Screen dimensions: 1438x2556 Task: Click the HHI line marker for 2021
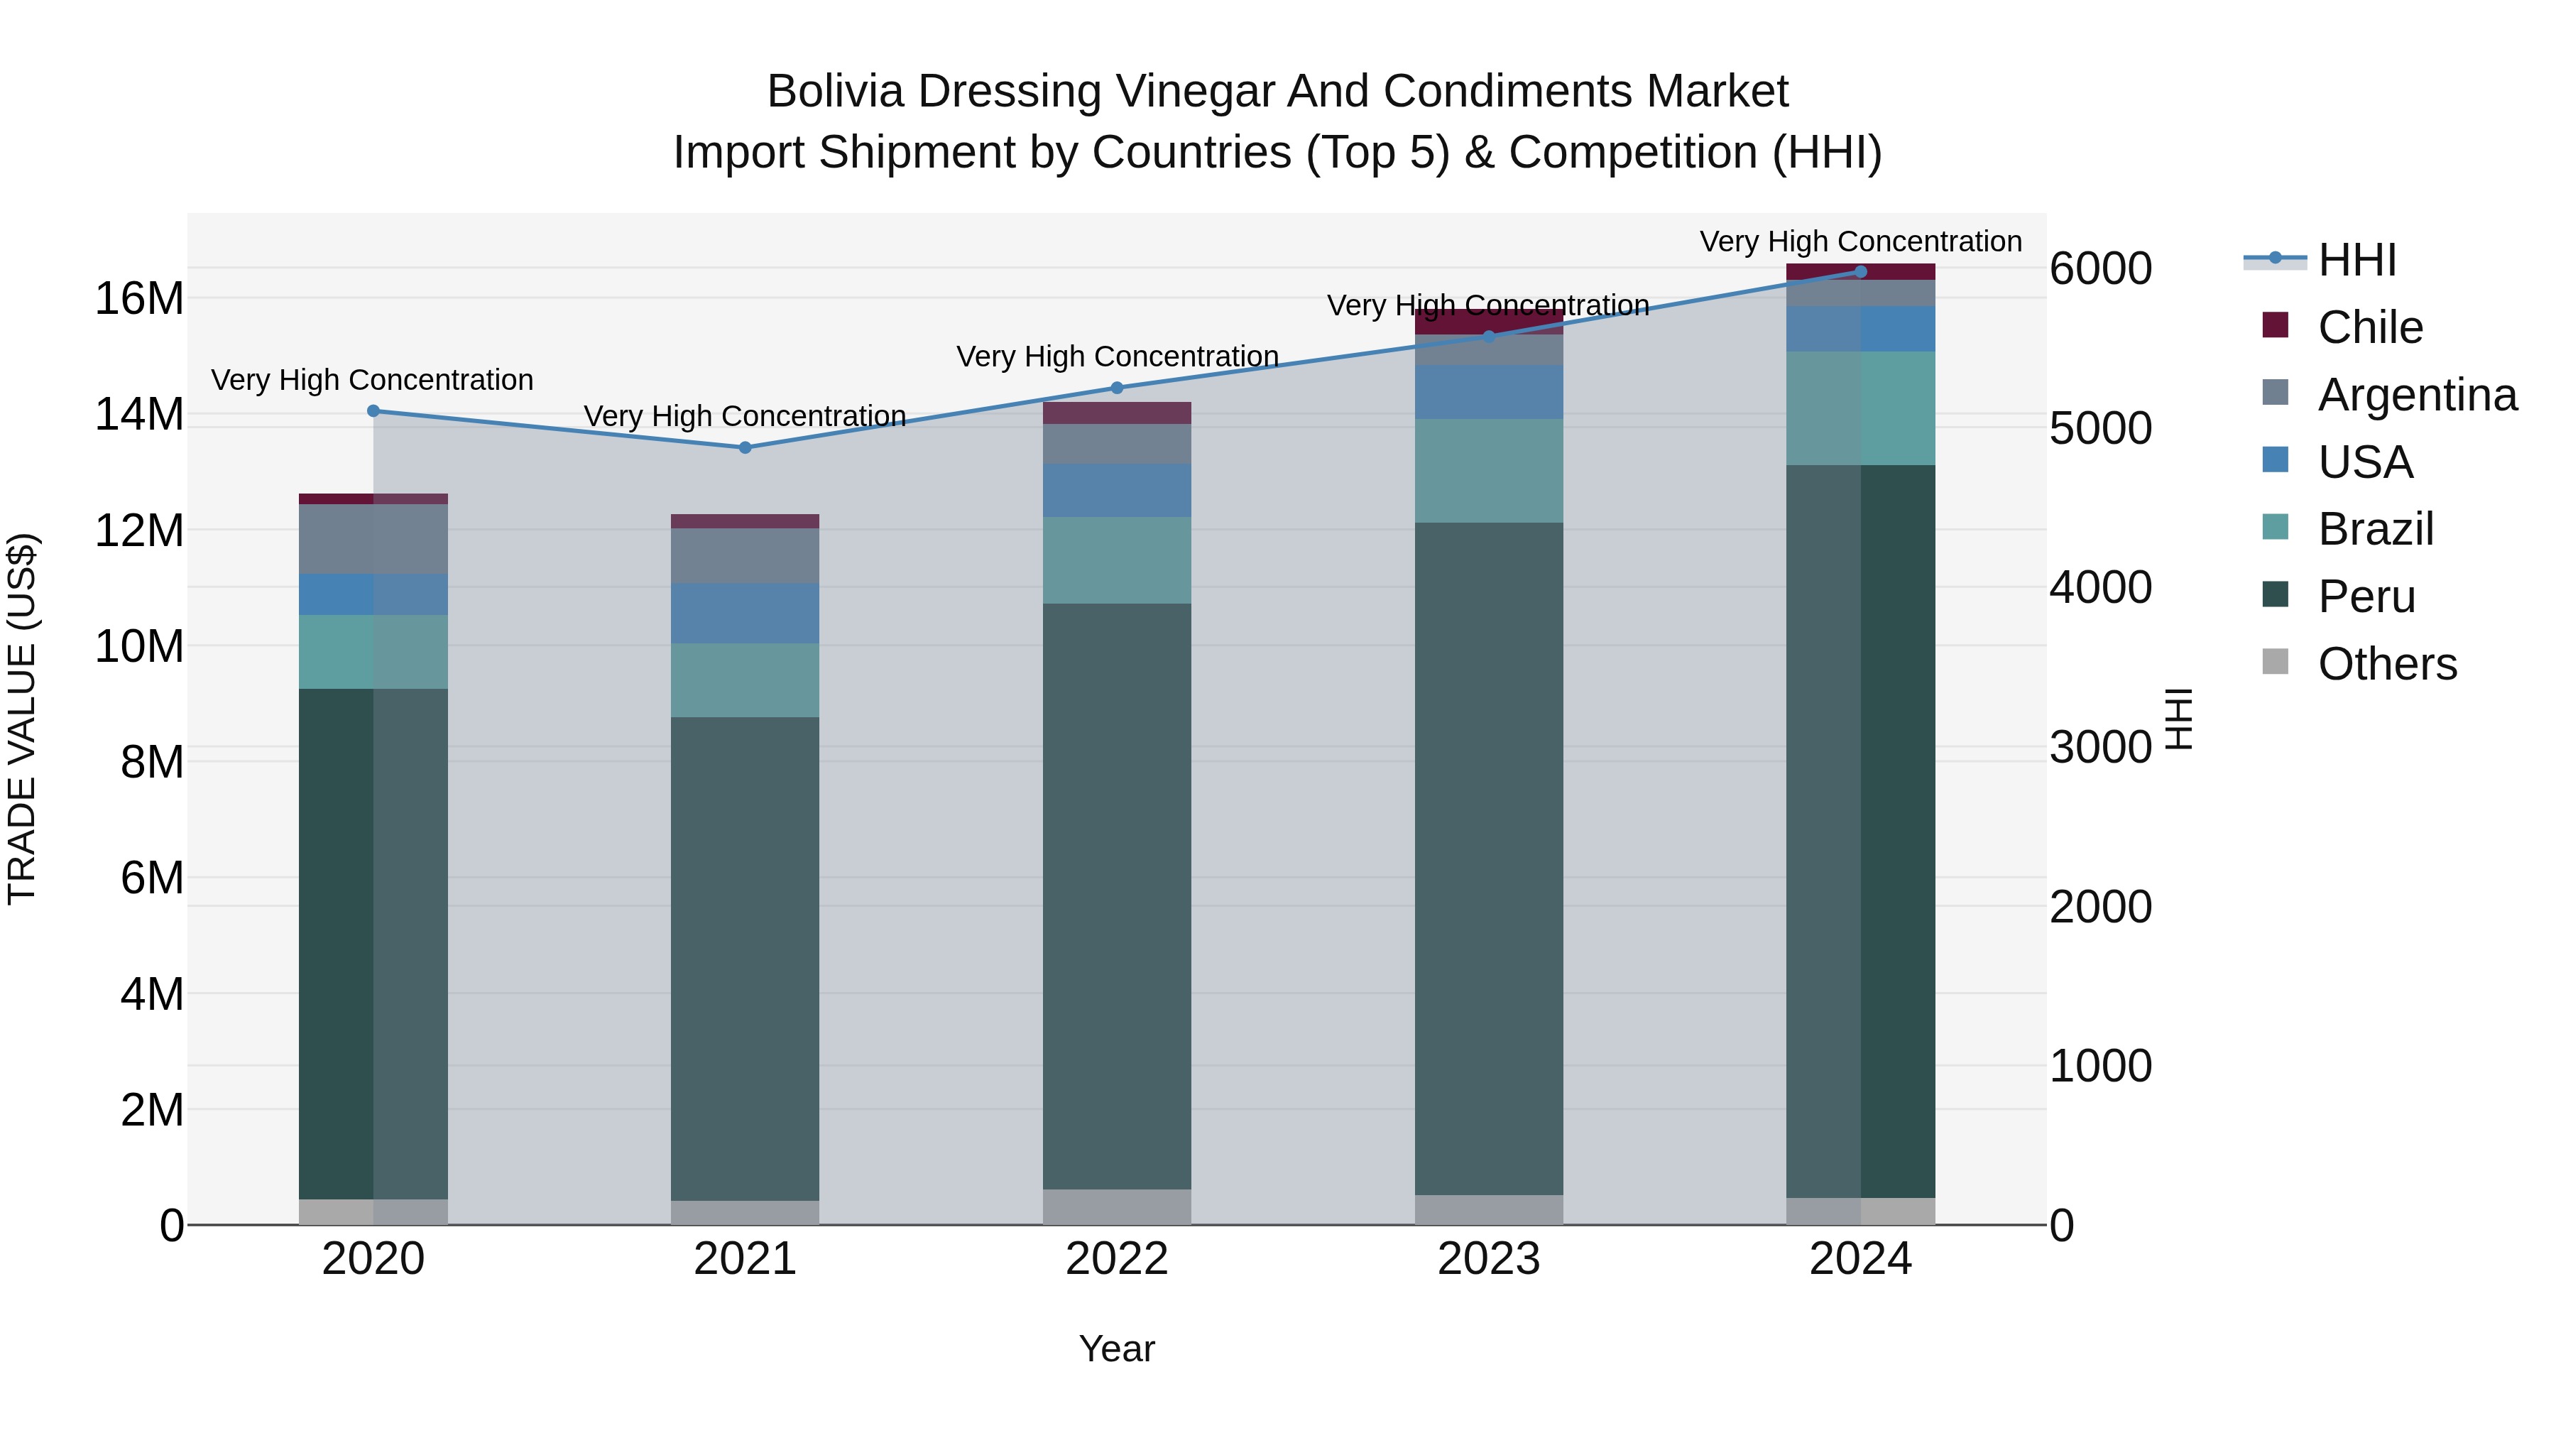[745, 447]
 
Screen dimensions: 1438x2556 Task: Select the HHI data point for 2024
[1860, 272]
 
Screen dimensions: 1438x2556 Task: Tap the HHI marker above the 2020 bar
[373, 411]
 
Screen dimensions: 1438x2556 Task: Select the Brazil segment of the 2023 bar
[1488, 470]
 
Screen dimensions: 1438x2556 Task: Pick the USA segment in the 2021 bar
[745, 614]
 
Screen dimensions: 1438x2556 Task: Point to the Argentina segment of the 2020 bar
[373, 539]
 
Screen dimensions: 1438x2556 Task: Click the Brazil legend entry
[2376, 529]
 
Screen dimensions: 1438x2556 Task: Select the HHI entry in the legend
[2356, 260]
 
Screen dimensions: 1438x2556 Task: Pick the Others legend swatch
[2276, 662]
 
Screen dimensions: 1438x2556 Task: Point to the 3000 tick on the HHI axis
[2101, 747]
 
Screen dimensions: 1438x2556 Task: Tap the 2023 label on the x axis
[1488, 1259]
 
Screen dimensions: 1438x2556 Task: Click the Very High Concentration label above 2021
[745, 416]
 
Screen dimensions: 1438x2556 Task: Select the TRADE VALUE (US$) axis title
[22, 719]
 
